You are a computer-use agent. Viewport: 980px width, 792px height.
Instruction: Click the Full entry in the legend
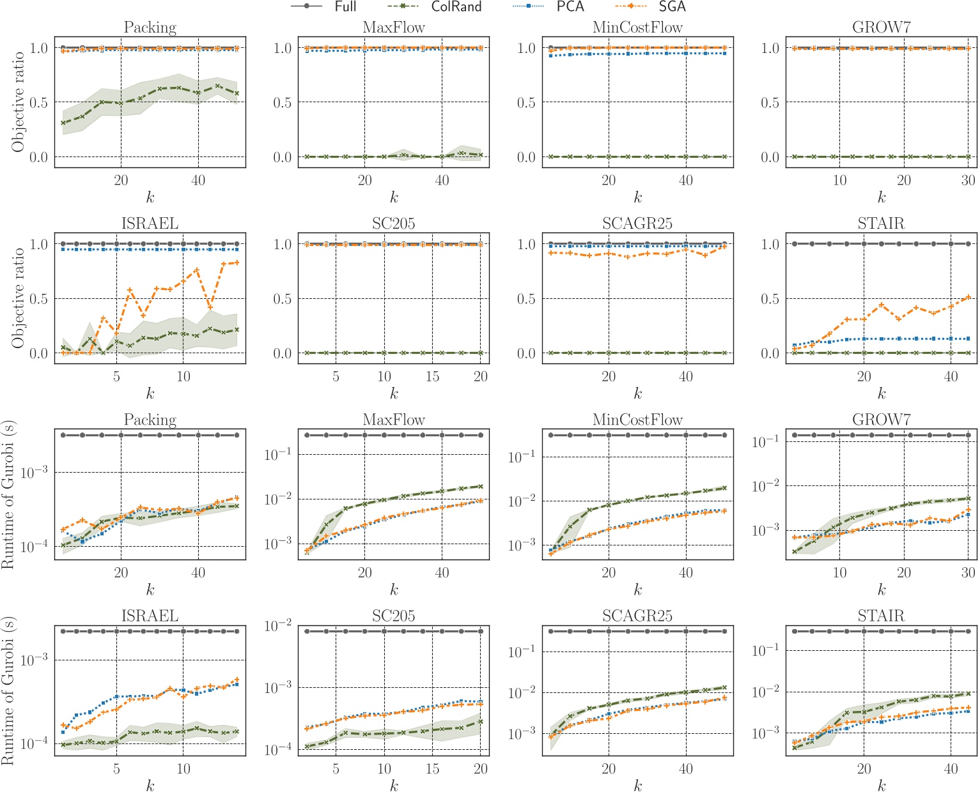tap(345, 7)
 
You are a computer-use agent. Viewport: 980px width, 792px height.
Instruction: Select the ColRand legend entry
tap(456, 7)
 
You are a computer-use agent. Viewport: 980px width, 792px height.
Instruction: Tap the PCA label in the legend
tap(570, 7)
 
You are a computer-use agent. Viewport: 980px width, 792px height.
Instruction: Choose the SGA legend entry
tap(672, 7)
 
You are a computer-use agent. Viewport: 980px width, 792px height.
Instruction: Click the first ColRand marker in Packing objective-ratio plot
tap(63, 123)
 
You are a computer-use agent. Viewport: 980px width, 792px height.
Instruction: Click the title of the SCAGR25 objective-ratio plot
tap(637, 224)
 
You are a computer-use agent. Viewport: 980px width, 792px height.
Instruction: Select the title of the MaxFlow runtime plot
tap(394, 420)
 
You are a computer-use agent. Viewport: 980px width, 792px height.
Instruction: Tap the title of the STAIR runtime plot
tap(881, 616)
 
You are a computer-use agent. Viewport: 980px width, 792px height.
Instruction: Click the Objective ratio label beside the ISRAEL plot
tap(18, 298)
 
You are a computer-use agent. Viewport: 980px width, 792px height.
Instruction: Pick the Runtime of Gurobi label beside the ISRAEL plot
tap(8, 690)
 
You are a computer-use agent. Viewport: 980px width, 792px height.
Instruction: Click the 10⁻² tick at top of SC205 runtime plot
tap(278, 625)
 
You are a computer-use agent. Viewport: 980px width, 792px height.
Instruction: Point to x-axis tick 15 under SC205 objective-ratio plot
tap(432, 377)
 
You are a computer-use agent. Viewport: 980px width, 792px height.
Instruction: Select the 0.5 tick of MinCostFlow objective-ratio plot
tap(526, 103)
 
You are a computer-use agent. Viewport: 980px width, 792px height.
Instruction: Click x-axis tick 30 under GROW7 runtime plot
tap(968, 573)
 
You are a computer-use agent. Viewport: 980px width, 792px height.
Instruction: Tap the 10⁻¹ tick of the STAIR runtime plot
tap(765, 650)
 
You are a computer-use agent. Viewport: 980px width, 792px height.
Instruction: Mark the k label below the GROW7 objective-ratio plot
tap(882, 198)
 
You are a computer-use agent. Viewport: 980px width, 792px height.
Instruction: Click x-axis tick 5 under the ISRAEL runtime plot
tap(116, 769)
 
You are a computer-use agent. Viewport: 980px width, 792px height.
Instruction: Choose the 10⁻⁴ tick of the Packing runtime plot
tap(34, 547)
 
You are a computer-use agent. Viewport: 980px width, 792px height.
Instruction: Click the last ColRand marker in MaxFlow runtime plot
tap(480, 487)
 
